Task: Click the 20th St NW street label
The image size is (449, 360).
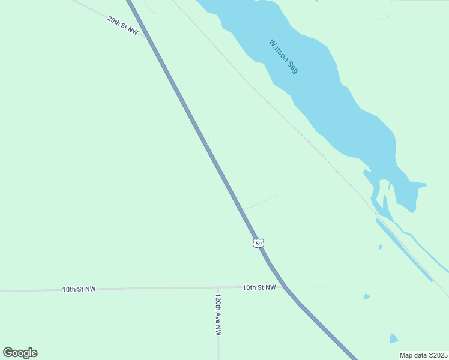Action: point(122,25)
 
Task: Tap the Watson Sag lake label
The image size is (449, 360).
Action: point(283,56)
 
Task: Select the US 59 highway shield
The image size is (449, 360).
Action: point(258,243)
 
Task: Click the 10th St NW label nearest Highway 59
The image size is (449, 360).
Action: point(259,287)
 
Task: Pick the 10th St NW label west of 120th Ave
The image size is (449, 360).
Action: point(79,289)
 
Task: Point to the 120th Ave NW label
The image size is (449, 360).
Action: point(218,314)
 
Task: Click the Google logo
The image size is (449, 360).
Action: point(20,353)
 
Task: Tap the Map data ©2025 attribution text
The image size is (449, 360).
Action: point(423,355)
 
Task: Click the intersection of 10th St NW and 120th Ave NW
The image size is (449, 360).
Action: point(218,288)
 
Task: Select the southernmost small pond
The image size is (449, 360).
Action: point(393,339)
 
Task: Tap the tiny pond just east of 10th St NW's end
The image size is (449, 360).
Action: point(366,296)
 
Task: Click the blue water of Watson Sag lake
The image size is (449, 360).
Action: point(312,90)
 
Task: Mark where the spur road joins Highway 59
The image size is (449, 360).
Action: point(241,211)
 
